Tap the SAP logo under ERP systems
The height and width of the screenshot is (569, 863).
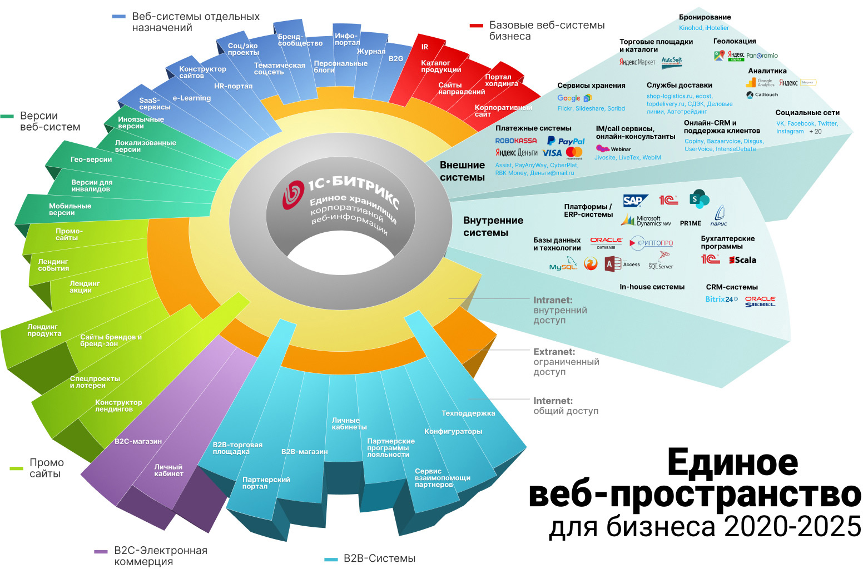click(634, 201)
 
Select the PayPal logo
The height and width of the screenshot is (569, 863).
click(566, 141)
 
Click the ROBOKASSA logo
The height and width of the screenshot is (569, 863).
click(516, 141)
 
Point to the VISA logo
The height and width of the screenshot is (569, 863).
click(552, 153)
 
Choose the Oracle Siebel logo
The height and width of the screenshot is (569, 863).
click(760, 301)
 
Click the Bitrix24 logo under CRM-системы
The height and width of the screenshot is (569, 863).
click(721, 300)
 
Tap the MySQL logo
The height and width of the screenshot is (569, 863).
click(563, 265)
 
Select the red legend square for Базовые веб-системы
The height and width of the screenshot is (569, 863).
click(476, 26)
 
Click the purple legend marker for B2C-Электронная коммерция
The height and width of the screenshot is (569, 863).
click(101, 551)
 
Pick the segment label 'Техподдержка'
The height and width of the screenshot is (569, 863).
click(468, 413)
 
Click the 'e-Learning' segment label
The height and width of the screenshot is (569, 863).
click(192, 98)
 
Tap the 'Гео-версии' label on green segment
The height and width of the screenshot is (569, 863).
click(91, 159)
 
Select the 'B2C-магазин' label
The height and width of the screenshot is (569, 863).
click(138, 442)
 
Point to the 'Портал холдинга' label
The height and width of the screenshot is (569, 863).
click(501, 81)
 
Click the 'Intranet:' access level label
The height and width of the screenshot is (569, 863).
click(553, 300)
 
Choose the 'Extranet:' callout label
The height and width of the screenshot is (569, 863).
click(554, 352)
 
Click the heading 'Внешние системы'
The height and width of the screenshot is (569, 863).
click(462, 171)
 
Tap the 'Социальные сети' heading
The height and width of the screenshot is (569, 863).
click(807, 113)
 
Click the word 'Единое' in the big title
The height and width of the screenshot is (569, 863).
click(732, 462)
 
